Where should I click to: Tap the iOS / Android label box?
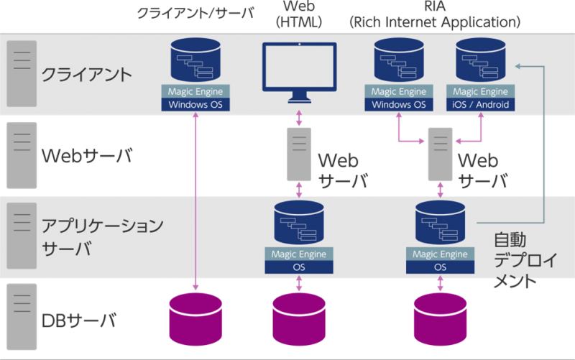pyautogui.click(x=481, y=105)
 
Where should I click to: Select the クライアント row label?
pyautogui.click(x=86, y=74)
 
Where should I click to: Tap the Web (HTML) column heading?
pyautogui.click(x=299, y=14)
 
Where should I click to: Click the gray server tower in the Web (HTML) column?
pyautogui.click(x=299, y=154)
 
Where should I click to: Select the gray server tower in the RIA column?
pyautogui.click(x=440, y=154)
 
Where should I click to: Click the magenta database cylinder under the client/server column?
pyautogui.click(x=195, y=319)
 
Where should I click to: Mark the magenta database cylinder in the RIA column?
pyautogui.click(x=440, y=319)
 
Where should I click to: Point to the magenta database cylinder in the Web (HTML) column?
pyautogui.click(x=299, y=319)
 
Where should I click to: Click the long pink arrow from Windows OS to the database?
pyautogui.click(x=195, y=201)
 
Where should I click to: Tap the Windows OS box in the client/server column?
pyautogui.click(x=195, y=105)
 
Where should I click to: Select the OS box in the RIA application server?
pyautogui.click(x=440, y=267)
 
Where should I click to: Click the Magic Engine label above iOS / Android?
pyautogui.click(x=481, y=92)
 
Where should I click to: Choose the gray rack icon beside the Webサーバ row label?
pyautogui.click(x=22, y=154)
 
